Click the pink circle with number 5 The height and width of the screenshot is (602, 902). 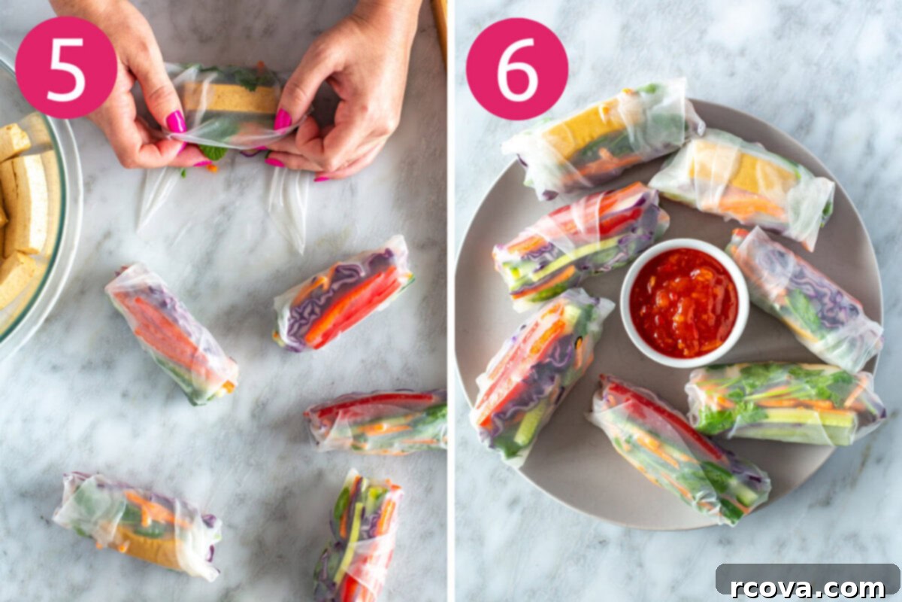tap(66, 67)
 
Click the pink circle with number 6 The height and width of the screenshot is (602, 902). tap(517, 68)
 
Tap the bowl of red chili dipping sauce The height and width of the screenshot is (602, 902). tap(684, 303)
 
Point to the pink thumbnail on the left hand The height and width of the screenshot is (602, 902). tap(176, 121)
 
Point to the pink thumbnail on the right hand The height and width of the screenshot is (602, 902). tap(283, 120)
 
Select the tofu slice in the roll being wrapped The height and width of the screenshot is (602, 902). tap(229, 99)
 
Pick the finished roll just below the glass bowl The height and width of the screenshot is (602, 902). tap(171, 333)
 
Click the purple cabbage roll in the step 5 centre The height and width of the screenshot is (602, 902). tap(343, 293)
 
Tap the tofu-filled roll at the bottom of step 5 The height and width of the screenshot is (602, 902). tap(138, 525)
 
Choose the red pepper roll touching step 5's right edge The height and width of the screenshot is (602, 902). tap(377, 421)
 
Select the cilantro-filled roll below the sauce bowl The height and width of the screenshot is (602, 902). tap(785, 404)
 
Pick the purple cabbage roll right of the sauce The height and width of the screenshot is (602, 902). tap(805, 299)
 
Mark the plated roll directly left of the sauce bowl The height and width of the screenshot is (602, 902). tap(580, 246)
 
